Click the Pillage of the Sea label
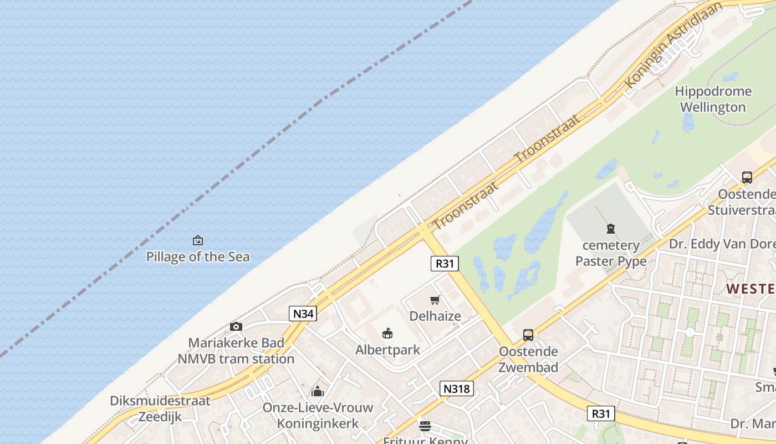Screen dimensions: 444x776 point(198,257)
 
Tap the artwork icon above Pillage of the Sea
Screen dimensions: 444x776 point(198,240)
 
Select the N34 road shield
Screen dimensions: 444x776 point(303,314)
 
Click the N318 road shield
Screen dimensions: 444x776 point(457,389)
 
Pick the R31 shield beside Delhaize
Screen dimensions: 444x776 point(445,263)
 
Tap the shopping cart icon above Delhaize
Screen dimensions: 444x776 point(435,300)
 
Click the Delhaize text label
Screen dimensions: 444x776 point(435,316)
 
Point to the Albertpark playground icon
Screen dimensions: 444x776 point(387,334)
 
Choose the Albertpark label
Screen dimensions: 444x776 point(387,350)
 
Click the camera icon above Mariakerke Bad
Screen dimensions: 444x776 point(236,326)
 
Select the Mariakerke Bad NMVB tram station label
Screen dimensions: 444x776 point(236,351)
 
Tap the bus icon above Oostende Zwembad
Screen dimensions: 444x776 point(528,335)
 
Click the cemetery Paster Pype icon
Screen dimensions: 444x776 point(611,228)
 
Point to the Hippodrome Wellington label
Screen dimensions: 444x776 point(713,99)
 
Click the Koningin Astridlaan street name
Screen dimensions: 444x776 point(674,44)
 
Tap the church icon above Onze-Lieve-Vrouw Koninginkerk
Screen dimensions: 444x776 point(318,391)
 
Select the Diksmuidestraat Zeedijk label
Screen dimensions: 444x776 point(160,408)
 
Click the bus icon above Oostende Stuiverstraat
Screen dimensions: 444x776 point(747,178)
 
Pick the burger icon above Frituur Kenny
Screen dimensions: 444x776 point(425,426)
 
